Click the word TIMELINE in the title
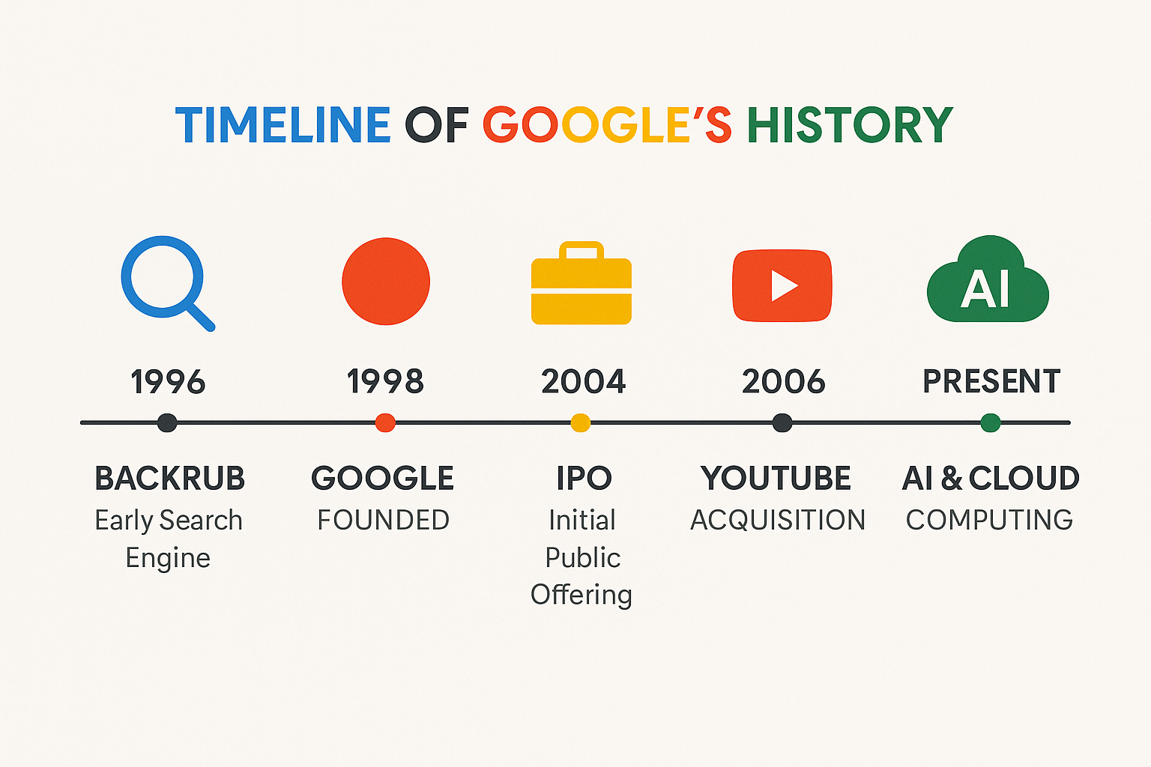283,124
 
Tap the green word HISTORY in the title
850,124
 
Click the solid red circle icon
386,281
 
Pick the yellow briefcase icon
581,283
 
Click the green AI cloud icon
988,279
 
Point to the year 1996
168,382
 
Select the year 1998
385,381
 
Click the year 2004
583,381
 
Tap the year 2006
783,381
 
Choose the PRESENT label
991,381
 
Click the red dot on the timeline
385,422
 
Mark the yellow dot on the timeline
581,422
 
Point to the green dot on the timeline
991,422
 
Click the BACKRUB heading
169,478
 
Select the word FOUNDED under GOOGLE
384,520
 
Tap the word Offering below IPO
581,595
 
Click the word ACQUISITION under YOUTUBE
778,521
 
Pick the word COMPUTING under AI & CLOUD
989,520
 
